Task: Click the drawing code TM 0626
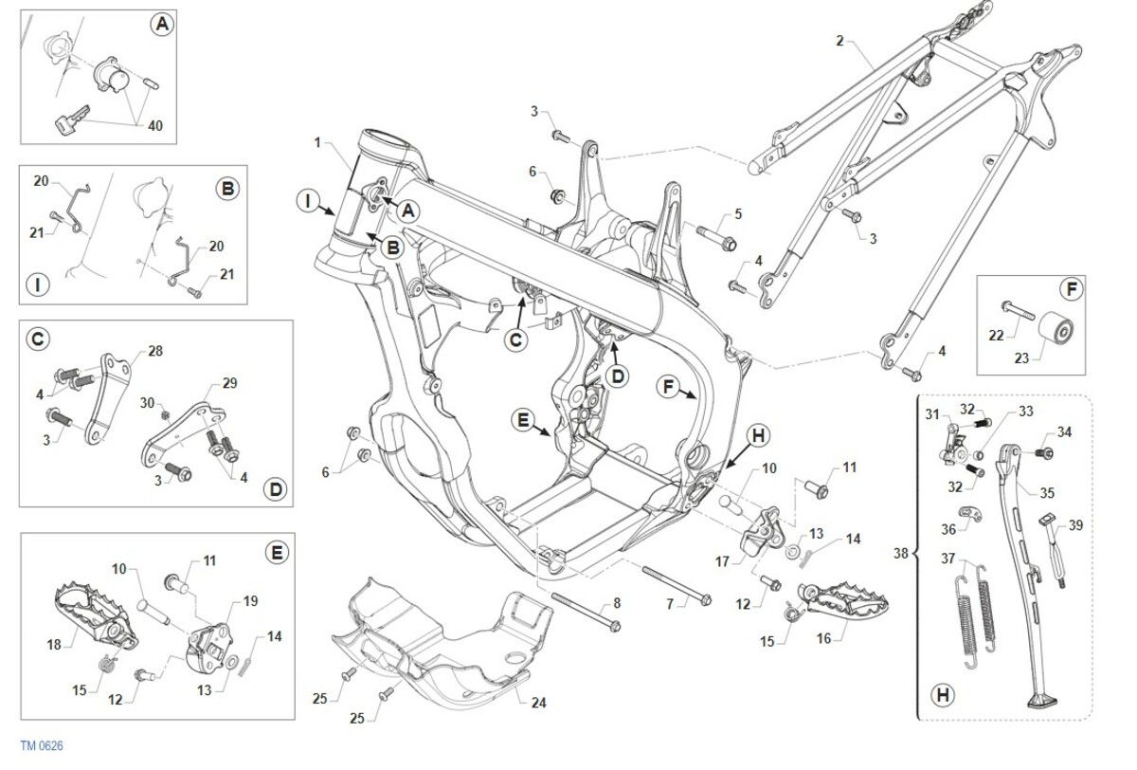click(41, 747)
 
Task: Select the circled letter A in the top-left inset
click(162, 27)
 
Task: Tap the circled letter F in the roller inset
click(1069, 288)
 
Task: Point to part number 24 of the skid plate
click(538, 704)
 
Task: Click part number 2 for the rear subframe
click(839, 41)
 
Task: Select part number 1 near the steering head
click(318, 143)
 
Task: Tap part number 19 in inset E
click(251, 600)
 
